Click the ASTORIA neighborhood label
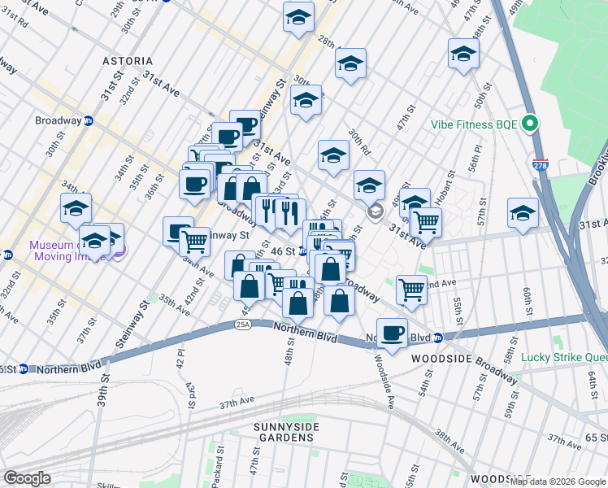click(128, 61)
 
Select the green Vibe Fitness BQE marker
click(531, 124)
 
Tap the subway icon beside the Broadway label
click(89, 120)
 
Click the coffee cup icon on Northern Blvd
click(392, 332)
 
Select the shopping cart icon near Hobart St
click(425, 221)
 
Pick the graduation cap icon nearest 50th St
click(463, 54)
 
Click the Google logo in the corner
click(27, 478)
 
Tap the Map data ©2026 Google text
click(558, 481)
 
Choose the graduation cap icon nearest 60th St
click(523, 213)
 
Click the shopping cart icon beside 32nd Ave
click(412, 288)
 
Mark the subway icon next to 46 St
click(302, 251)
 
